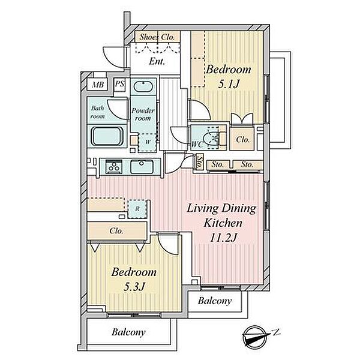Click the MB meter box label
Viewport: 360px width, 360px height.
tap(98, 85)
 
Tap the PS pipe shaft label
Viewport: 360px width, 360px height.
tap(119, 84)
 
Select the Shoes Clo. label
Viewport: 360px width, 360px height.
tap(157, 37)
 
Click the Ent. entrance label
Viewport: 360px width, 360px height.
tap(157, 62)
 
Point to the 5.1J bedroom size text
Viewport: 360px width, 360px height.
tap(229, 84)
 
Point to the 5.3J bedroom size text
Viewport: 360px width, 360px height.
tap(134, 287)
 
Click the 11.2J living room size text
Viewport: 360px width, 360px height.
tap(223, 238)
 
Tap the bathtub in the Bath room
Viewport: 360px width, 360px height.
tap(107, 136)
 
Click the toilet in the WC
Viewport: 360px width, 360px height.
tap(212, 138)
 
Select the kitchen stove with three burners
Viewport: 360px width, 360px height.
tap(114, 166)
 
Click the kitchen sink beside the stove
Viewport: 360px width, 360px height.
tap(142, 167)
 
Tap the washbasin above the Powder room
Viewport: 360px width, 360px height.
tap(144, 86)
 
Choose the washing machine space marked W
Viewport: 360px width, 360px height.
tap(147, 142)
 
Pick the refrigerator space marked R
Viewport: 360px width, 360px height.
tap(137, 209)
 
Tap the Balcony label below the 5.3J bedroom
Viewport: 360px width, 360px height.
tap(128, 332)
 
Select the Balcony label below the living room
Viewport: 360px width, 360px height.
tap(215, 301)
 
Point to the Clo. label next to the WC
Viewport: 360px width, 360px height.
tap(242, 140)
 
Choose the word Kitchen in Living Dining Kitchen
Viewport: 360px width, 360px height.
tap(223, 223)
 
